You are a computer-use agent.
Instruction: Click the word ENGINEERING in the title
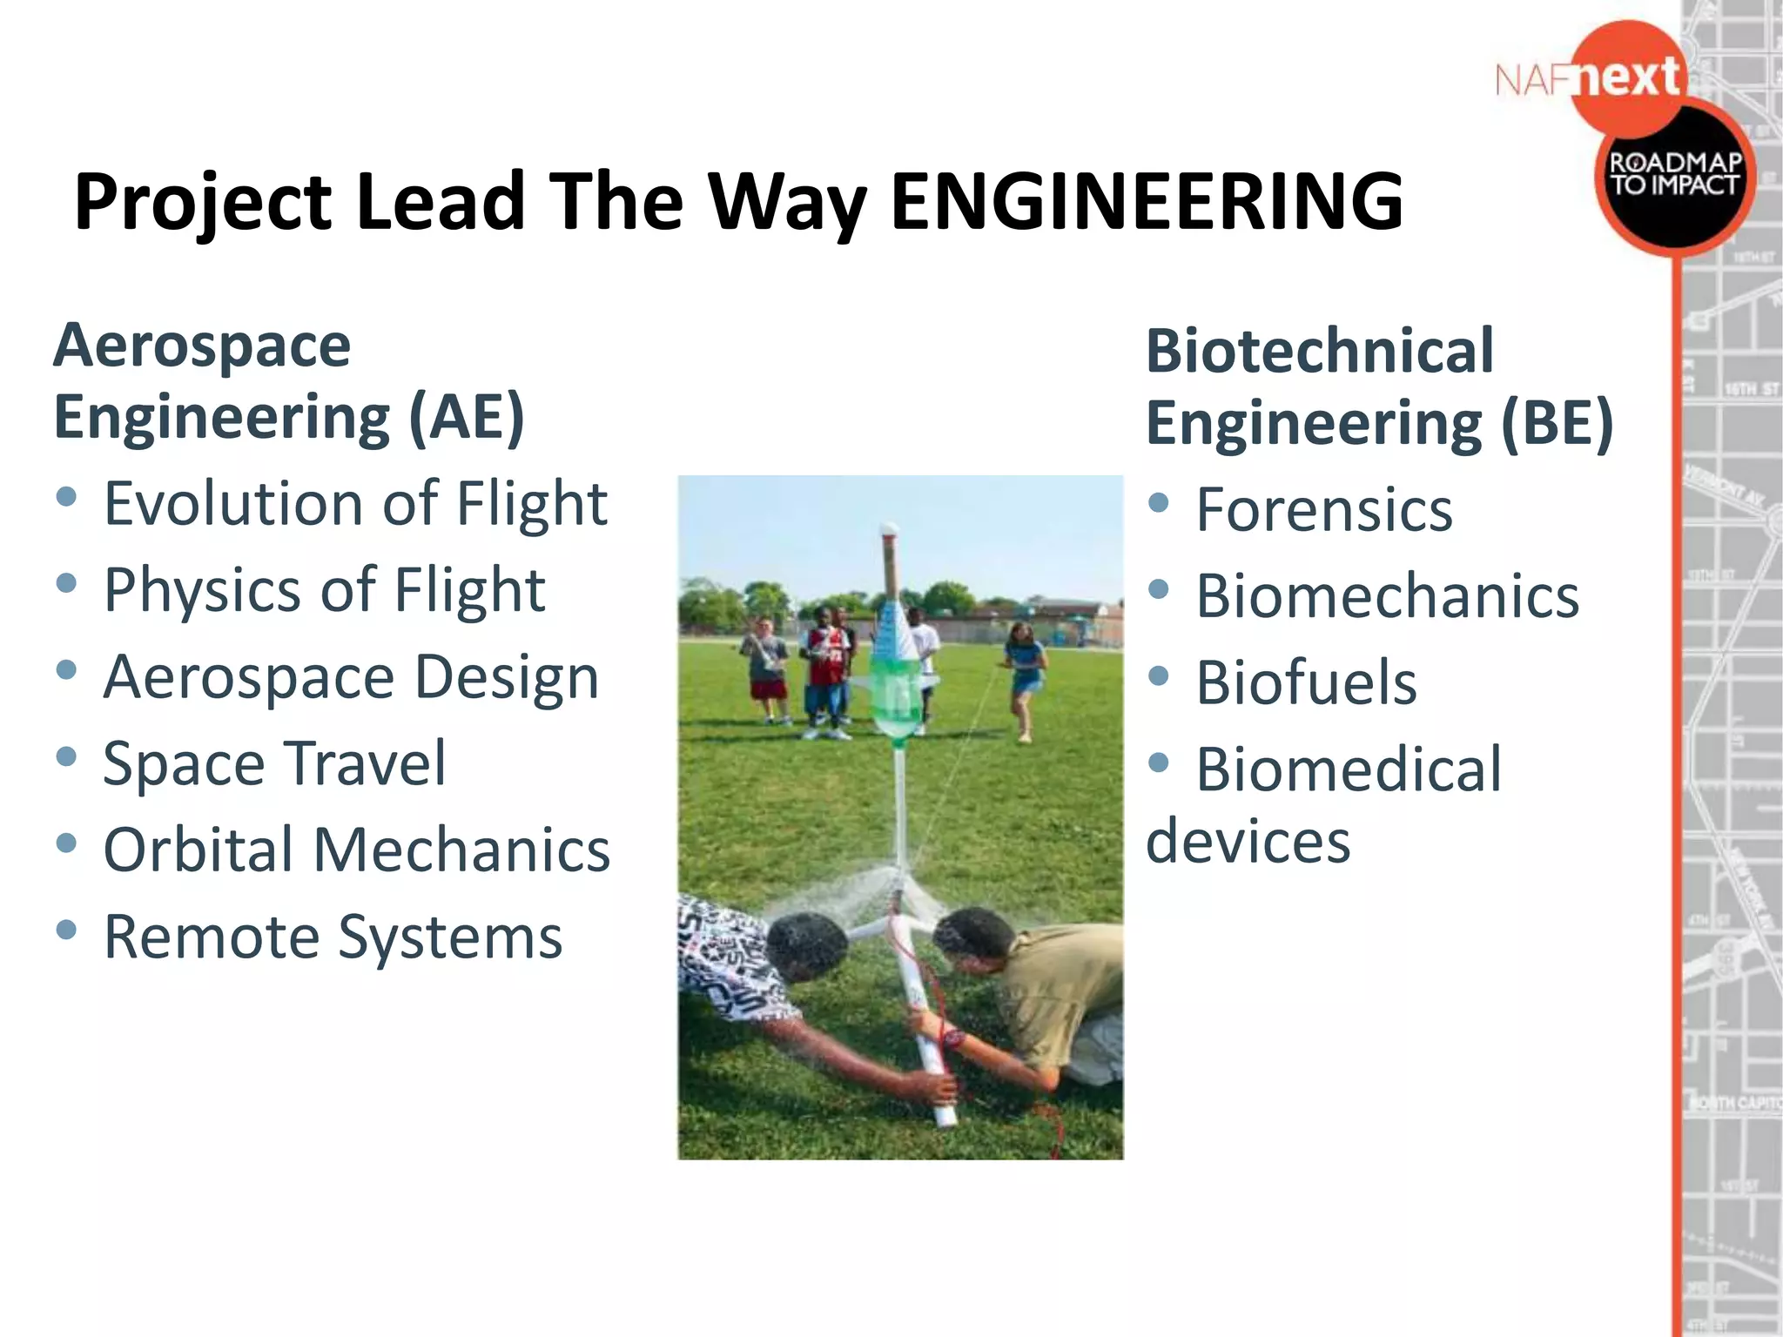[x=1147, y=202]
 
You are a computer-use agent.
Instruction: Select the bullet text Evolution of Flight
[x=355, y=504]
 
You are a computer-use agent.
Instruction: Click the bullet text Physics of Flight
[x=324, y=590]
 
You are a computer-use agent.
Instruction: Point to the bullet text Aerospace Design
[x=351, y=677]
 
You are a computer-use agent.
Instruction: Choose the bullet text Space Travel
[x=274, y=763]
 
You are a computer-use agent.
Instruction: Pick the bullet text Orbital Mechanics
[x=357, y=850]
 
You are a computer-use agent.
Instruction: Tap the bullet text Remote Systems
[x=333, y=937]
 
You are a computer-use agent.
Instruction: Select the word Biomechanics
[x=1388, y=596]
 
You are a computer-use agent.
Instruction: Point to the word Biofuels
[x=1306, y=682]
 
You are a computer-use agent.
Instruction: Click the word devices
[x=1248, y=842]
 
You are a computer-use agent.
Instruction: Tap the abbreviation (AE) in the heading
[x=467, y=417]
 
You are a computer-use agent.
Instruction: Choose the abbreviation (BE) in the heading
[x=1557, y=423]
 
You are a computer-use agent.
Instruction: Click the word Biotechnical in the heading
[x=1320, y=351]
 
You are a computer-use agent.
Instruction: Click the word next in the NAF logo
[x=1627, y=78]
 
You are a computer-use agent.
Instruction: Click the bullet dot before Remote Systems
[x=65, y=930]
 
